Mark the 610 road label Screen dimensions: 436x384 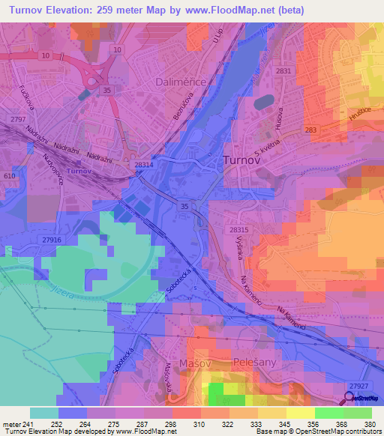click(9, 175)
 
